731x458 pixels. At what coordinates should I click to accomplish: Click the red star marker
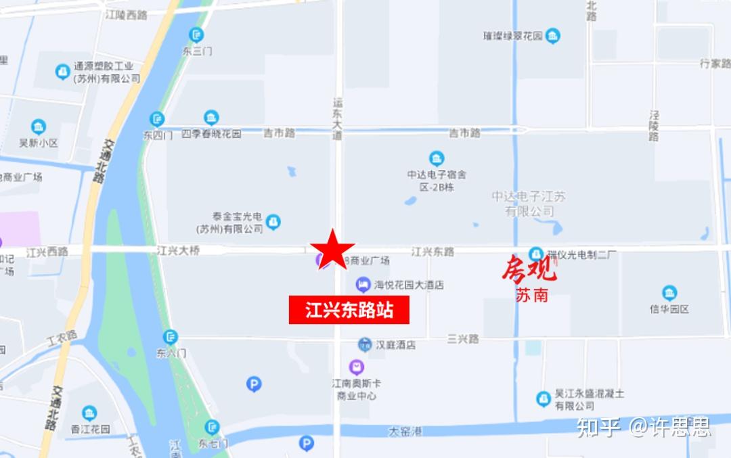pos(332,249)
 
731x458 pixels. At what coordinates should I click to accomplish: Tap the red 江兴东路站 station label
pos(349,311)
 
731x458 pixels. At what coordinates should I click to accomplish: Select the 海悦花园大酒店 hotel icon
pos(363,284)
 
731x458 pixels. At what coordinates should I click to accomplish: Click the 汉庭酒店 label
pos(396,345)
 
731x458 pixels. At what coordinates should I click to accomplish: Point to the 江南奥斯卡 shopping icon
pos(356,367)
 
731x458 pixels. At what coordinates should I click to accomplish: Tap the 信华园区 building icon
pos(669,293)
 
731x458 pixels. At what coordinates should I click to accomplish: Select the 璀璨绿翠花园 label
pos(512,37)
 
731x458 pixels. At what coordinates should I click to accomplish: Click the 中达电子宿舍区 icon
pos(437,158)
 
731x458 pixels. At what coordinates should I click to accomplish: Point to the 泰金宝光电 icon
pos(273,221)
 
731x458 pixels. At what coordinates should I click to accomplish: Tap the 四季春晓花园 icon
pos(211,118)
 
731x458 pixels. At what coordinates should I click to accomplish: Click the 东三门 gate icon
pos(197,35)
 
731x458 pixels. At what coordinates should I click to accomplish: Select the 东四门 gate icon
pos(157,119)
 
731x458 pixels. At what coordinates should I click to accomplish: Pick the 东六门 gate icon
pos(171,336)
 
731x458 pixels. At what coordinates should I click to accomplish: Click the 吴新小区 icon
pos(39,127)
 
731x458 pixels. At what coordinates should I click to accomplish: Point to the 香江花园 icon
pos(89,413)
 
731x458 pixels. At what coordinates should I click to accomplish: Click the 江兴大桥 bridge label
pos(179,251)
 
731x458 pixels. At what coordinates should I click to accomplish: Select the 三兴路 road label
pos(463,338)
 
